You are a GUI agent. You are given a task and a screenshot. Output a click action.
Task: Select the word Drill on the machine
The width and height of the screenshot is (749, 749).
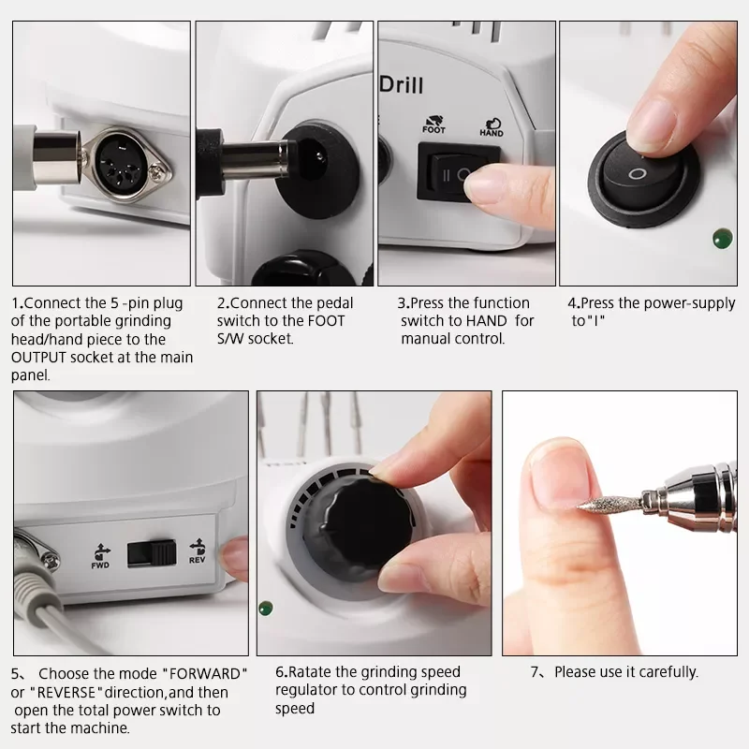(402, 85)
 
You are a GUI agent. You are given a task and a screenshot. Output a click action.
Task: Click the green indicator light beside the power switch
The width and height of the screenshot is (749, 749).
(722, 239)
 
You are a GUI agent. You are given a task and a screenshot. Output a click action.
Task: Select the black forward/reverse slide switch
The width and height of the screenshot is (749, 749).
(152, 553)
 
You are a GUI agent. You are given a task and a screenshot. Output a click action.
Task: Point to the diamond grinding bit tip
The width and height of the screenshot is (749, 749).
(580, 507)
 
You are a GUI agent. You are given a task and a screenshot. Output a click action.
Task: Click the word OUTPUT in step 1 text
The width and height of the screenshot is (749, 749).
(38, 358)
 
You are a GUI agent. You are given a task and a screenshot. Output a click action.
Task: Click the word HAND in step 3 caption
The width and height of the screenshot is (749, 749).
(487, 320)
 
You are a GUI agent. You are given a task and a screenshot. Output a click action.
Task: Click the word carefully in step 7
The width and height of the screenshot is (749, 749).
(668, 672)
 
